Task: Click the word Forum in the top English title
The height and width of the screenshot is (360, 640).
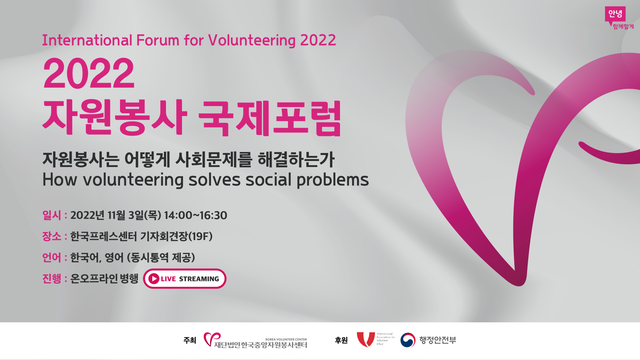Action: pyautogui.click(x=158, y=40)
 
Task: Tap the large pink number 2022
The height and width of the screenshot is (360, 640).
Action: pyautogui.click(x=89, y=73)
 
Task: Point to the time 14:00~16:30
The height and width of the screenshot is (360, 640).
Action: pyautogui.click(x=196, y=215)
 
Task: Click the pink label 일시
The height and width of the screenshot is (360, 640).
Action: pyautogui.click(x=52, y=215)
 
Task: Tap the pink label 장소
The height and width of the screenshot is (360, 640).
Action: pyautogui.click(x=52, y=236)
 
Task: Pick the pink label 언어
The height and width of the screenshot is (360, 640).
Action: pyautogui.click(x=52, y=257)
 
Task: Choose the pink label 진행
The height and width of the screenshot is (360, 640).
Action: pyautogui.click(x=52, y=278)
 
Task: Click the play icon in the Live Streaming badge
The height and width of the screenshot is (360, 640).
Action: pyautogui.click(x=154, y=279)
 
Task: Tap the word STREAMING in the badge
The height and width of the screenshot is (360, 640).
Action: pyautogui.click(x=199, y=279)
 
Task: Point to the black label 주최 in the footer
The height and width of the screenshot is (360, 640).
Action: pyautogui.click(x=190, y=340)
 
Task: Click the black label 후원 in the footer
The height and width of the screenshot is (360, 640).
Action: pyautogui.click(x=341, y=340)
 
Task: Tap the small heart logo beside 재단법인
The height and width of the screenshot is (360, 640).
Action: pyautogui.click(x=212, y=339)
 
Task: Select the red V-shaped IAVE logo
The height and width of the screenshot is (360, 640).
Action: pyautogui.click(x=366, y=339)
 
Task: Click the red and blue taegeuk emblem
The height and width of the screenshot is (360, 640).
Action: pyautogui.click(x=408, y=340)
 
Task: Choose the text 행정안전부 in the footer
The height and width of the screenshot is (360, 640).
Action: pyautogui.click(x=438, y=340)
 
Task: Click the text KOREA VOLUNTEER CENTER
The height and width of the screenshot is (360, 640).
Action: pyautogui.click(x=286, y=339)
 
